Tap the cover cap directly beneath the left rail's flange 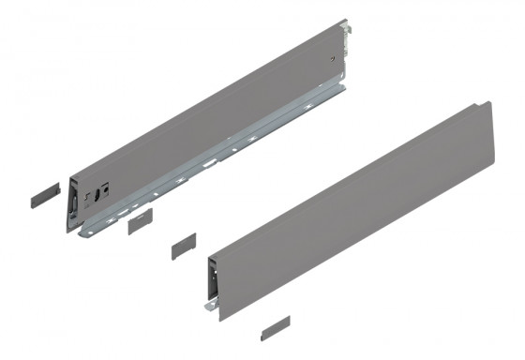(140, 219)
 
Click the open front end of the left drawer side (71, 201)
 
